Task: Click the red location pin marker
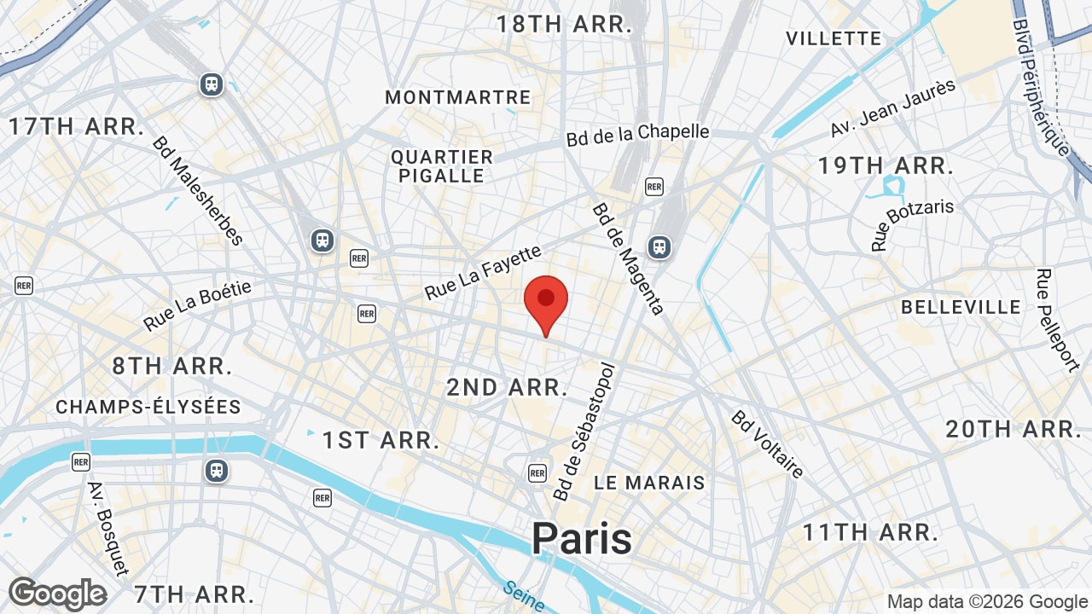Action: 546,300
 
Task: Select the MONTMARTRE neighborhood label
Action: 458,97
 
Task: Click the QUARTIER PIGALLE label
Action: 442,166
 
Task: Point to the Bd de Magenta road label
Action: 628,258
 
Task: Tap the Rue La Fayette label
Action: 483,272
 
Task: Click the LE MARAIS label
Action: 649,483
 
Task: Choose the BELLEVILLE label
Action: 961,307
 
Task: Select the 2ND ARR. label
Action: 507,387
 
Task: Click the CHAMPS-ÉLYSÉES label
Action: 148,407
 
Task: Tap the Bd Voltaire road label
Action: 767,444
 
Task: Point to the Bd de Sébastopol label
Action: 584,432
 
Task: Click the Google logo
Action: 58,594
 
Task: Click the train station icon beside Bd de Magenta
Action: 659,247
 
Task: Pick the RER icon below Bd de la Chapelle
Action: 654,186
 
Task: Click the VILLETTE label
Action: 833,38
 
